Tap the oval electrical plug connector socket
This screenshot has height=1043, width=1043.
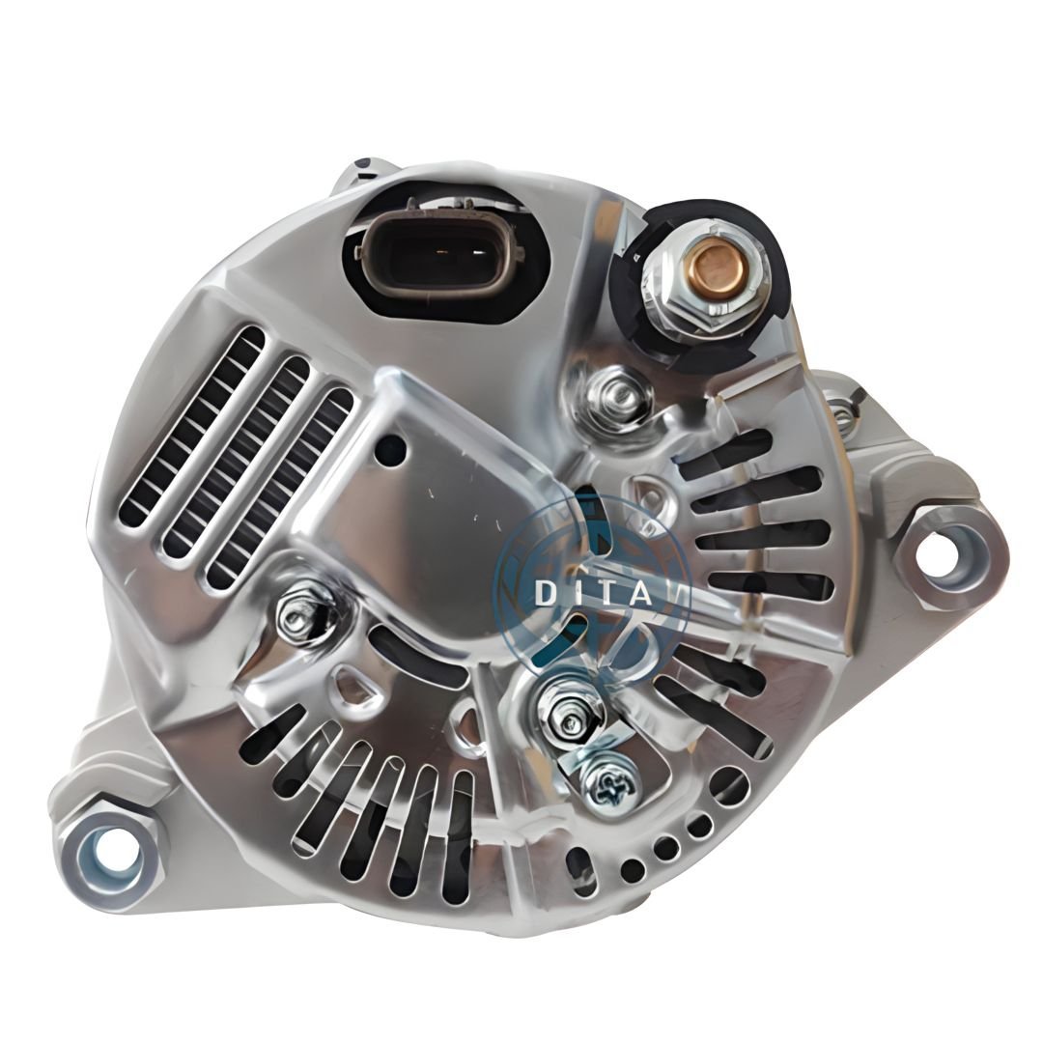pyautogui.click(x=439, y=255)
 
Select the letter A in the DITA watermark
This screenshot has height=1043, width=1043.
pyautogui.click(x=639, y=594)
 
